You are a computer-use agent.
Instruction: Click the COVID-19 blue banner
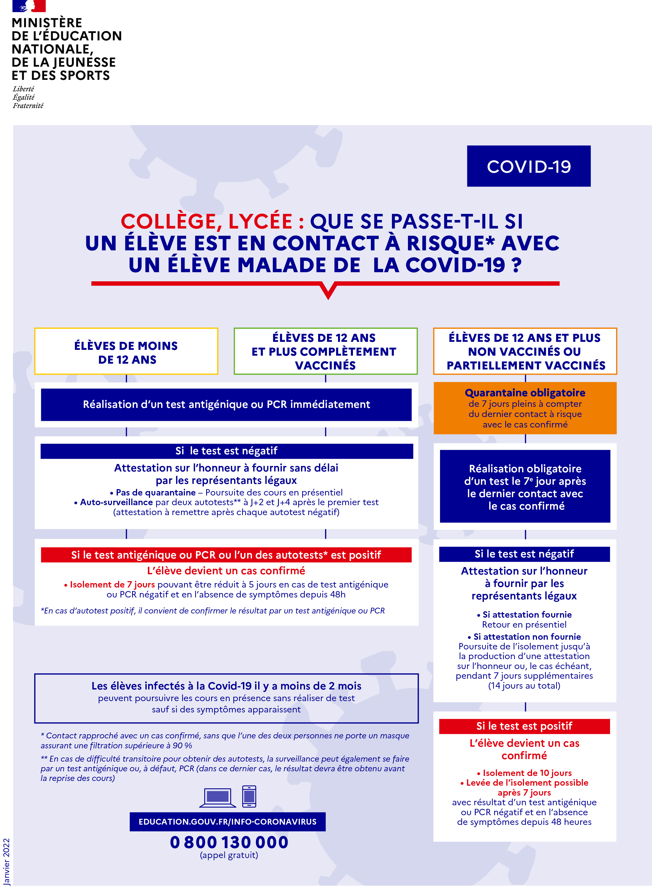(x=528, y=166)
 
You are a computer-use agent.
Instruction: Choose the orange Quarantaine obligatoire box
(x=525, y=408)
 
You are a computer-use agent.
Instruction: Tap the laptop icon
(x=218, y=797)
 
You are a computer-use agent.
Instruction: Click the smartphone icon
(x=249, y=796)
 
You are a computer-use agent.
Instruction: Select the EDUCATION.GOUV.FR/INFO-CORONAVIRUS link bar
(x=227, y=822)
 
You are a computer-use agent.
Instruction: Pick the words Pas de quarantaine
(x=156, y=492)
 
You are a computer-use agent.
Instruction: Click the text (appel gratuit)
(x=229, y=855)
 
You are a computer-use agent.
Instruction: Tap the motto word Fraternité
(x=28, y=106)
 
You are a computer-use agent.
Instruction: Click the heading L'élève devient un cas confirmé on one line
(x=226, y=571)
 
